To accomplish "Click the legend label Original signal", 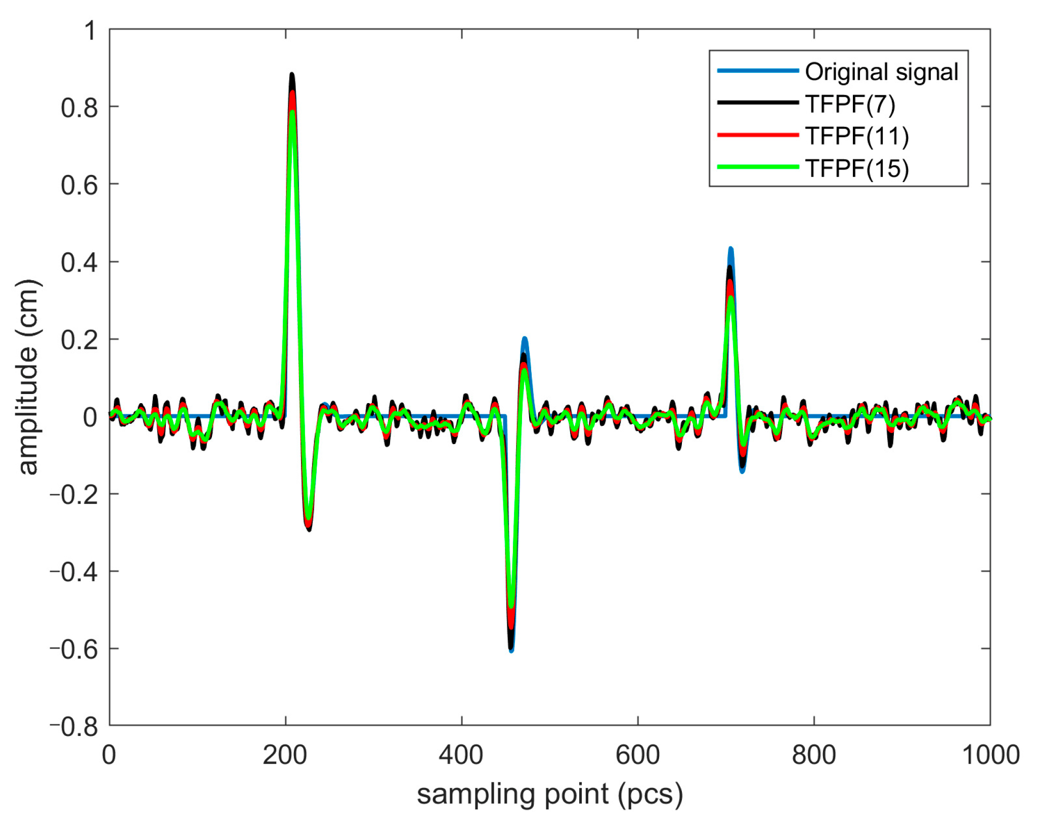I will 881,72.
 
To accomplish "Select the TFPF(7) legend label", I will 850,104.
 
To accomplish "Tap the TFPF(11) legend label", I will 857,136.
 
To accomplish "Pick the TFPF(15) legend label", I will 857,168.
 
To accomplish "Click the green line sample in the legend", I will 757,167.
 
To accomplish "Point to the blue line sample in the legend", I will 757,71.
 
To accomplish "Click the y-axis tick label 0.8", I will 79,108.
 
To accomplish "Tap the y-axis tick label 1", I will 90,31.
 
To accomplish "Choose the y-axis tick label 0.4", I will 79,263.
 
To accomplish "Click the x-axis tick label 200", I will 285,755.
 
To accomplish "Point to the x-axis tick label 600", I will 637,755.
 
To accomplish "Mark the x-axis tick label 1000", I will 990,755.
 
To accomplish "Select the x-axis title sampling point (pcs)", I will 549,794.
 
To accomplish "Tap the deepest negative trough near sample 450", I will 511,649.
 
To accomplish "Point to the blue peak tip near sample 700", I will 730,249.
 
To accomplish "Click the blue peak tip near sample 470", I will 525,339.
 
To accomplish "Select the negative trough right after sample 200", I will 309,527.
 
